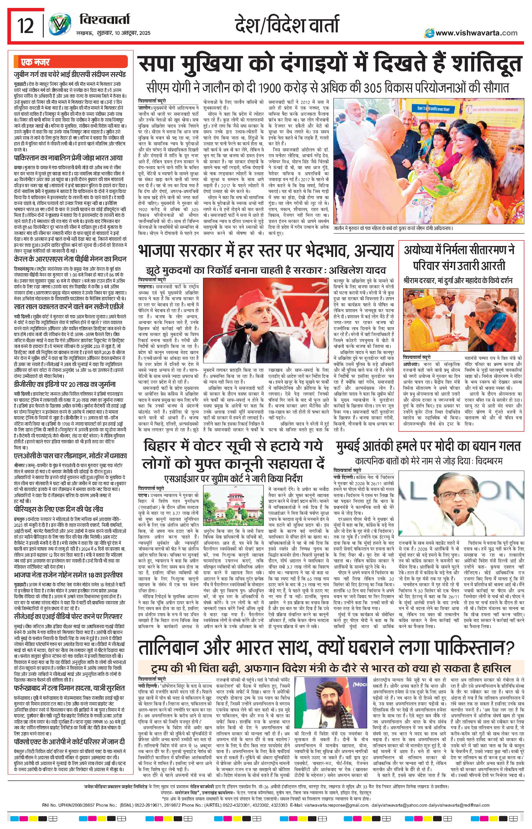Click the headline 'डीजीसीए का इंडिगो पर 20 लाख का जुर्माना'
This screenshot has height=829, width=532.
[x=65, y=384]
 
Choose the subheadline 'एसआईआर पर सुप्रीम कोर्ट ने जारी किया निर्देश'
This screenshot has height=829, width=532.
[x=233, y=479]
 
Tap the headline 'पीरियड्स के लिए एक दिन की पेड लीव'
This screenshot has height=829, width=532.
[x=58, y=509]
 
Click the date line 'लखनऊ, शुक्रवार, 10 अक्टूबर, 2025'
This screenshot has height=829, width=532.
[x=113, y=33]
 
